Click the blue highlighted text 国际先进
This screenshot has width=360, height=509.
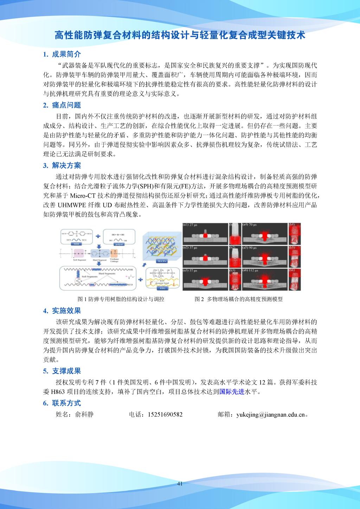[x=232, y=392]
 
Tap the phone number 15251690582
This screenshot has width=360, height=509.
[x=165, y=414]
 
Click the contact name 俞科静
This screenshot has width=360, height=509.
[x=84, y=414]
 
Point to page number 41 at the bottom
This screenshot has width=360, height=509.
[x=180, y=484]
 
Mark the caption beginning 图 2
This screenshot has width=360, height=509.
[x=239, y=299]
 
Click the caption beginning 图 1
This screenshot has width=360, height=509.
[x=121, y=299]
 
